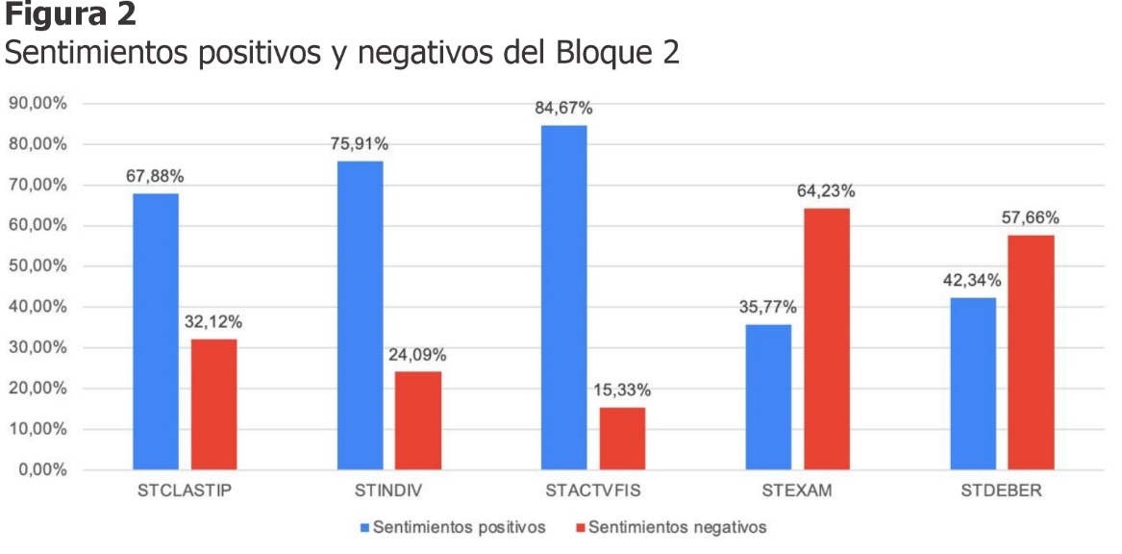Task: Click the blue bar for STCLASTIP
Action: pyautogui.click(x=155, y=332)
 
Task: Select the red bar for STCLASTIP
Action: pyautogui.click(x=213, y=405)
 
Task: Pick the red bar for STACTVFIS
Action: pyautogui.click(x=622, y=439)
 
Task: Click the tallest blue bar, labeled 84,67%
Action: pyautogui.click(x=563, y=297)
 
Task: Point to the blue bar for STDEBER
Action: pyautogui.click(x=973, y=384)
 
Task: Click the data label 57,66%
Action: pyautogui.click(x=1031, y=217)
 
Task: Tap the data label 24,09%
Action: pyautogui.click(x=417, y=354)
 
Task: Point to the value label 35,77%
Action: pyautogui.click(x=768, y=307)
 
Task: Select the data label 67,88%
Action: pyautogui.click(x=155, y=176)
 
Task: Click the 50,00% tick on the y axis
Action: pyautogui.click(x=36, y=266)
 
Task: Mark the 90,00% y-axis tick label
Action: pyautogui.click(x=36, y=104)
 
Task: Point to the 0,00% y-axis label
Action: pyautogui.click(x=39, y=470)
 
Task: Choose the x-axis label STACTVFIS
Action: pyautogui.click(x=592, y=492)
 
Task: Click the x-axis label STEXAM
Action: pyautogui.click(x=797, y=492)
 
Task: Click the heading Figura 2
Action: pyautogui.click(x=72, y=14)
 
